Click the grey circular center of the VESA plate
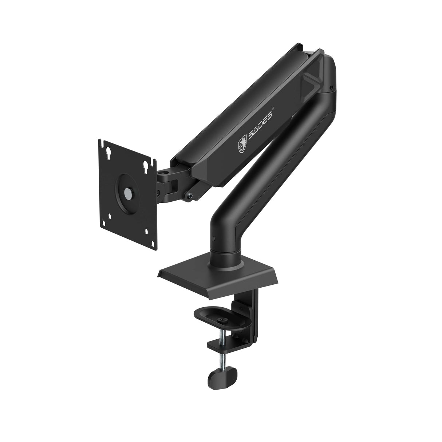[128, 193]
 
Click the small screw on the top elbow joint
[331, 88]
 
